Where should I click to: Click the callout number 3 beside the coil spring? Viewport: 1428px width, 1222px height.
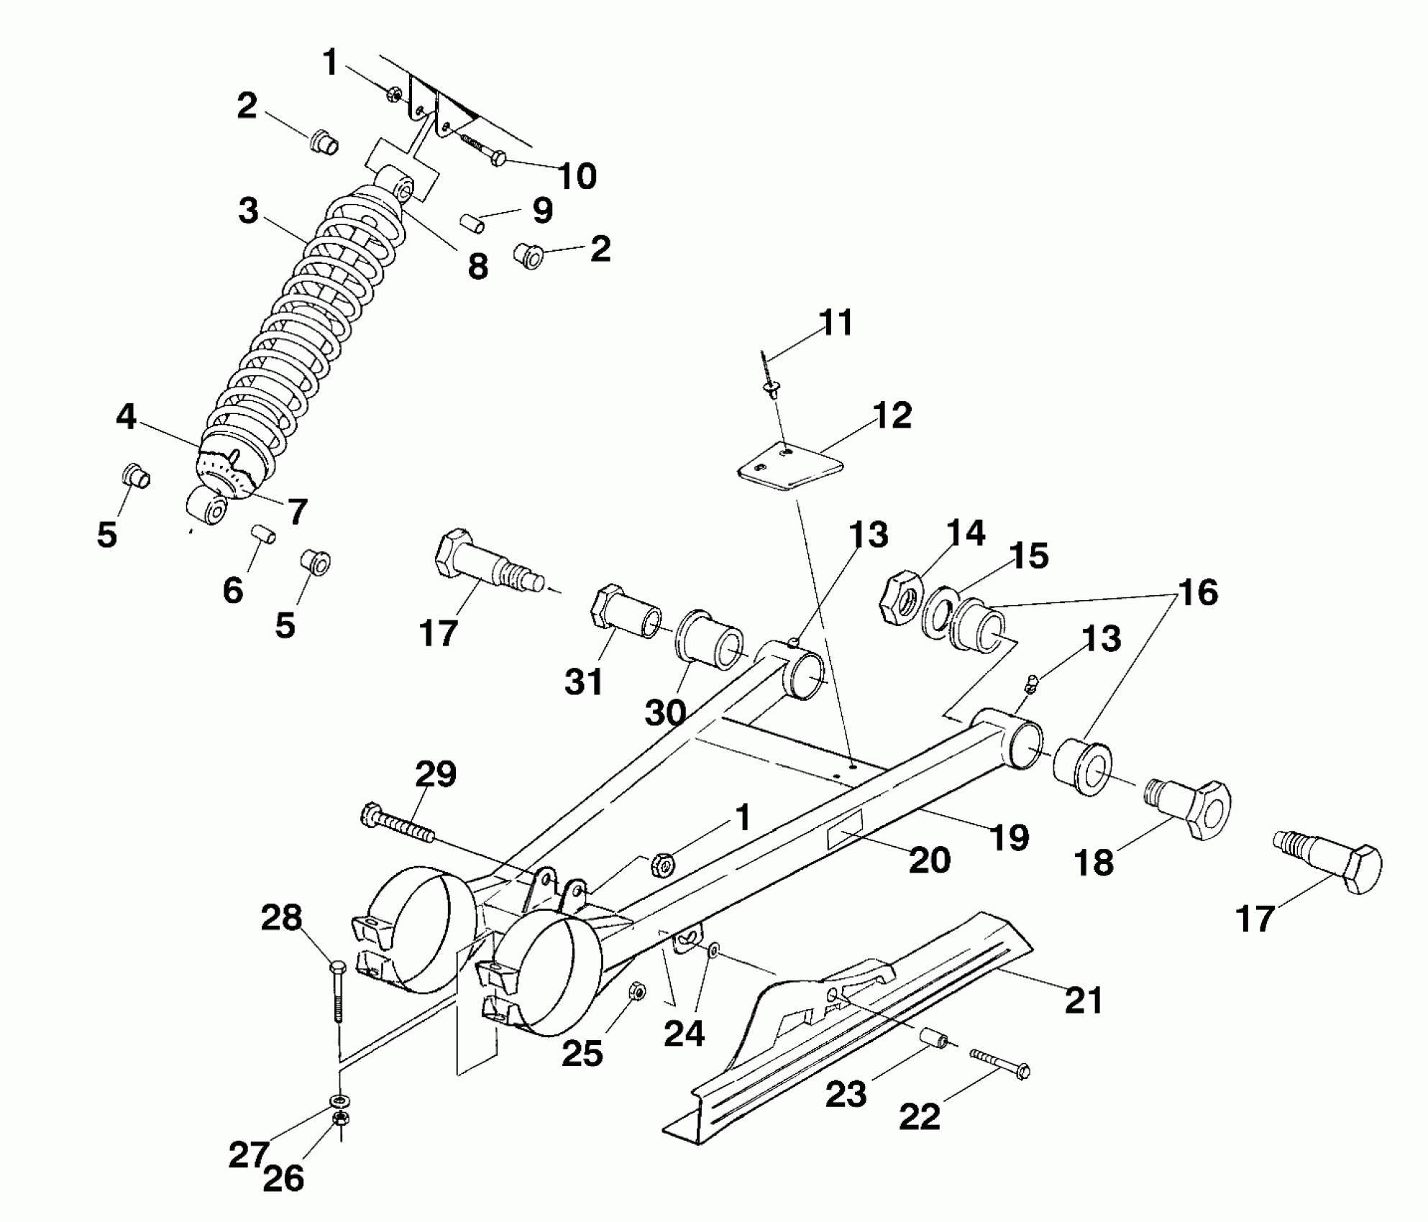(x=248, y=211)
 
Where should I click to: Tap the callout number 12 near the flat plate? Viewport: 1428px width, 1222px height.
(x=892, y=415)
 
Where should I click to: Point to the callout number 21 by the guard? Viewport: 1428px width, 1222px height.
(x=1084, y=1000)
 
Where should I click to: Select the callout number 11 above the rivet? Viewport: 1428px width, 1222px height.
(x=836, y=322)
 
